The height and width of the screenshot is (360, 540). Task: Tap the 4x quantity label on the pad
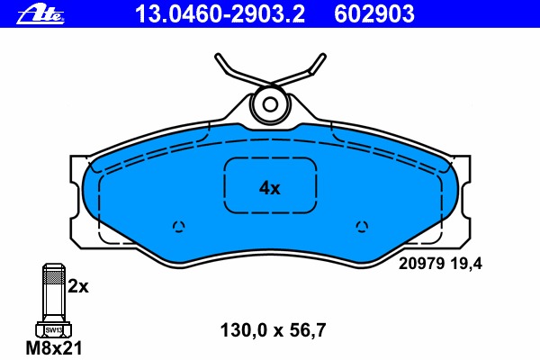tap(270, 188)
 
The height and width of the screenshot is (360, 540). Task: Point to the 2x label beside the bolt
tap(79, 287)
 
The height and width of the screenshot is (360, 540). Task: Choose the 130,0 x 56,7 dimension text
tap(272, 329)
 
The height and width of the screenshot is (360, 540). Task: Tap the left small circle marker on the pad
tap(178, 225)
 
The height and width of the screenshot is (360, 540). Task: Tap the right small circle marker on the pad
tap(362, 225)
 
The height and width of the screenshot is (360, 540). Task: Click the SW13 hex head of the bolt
tap(52, 329)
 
